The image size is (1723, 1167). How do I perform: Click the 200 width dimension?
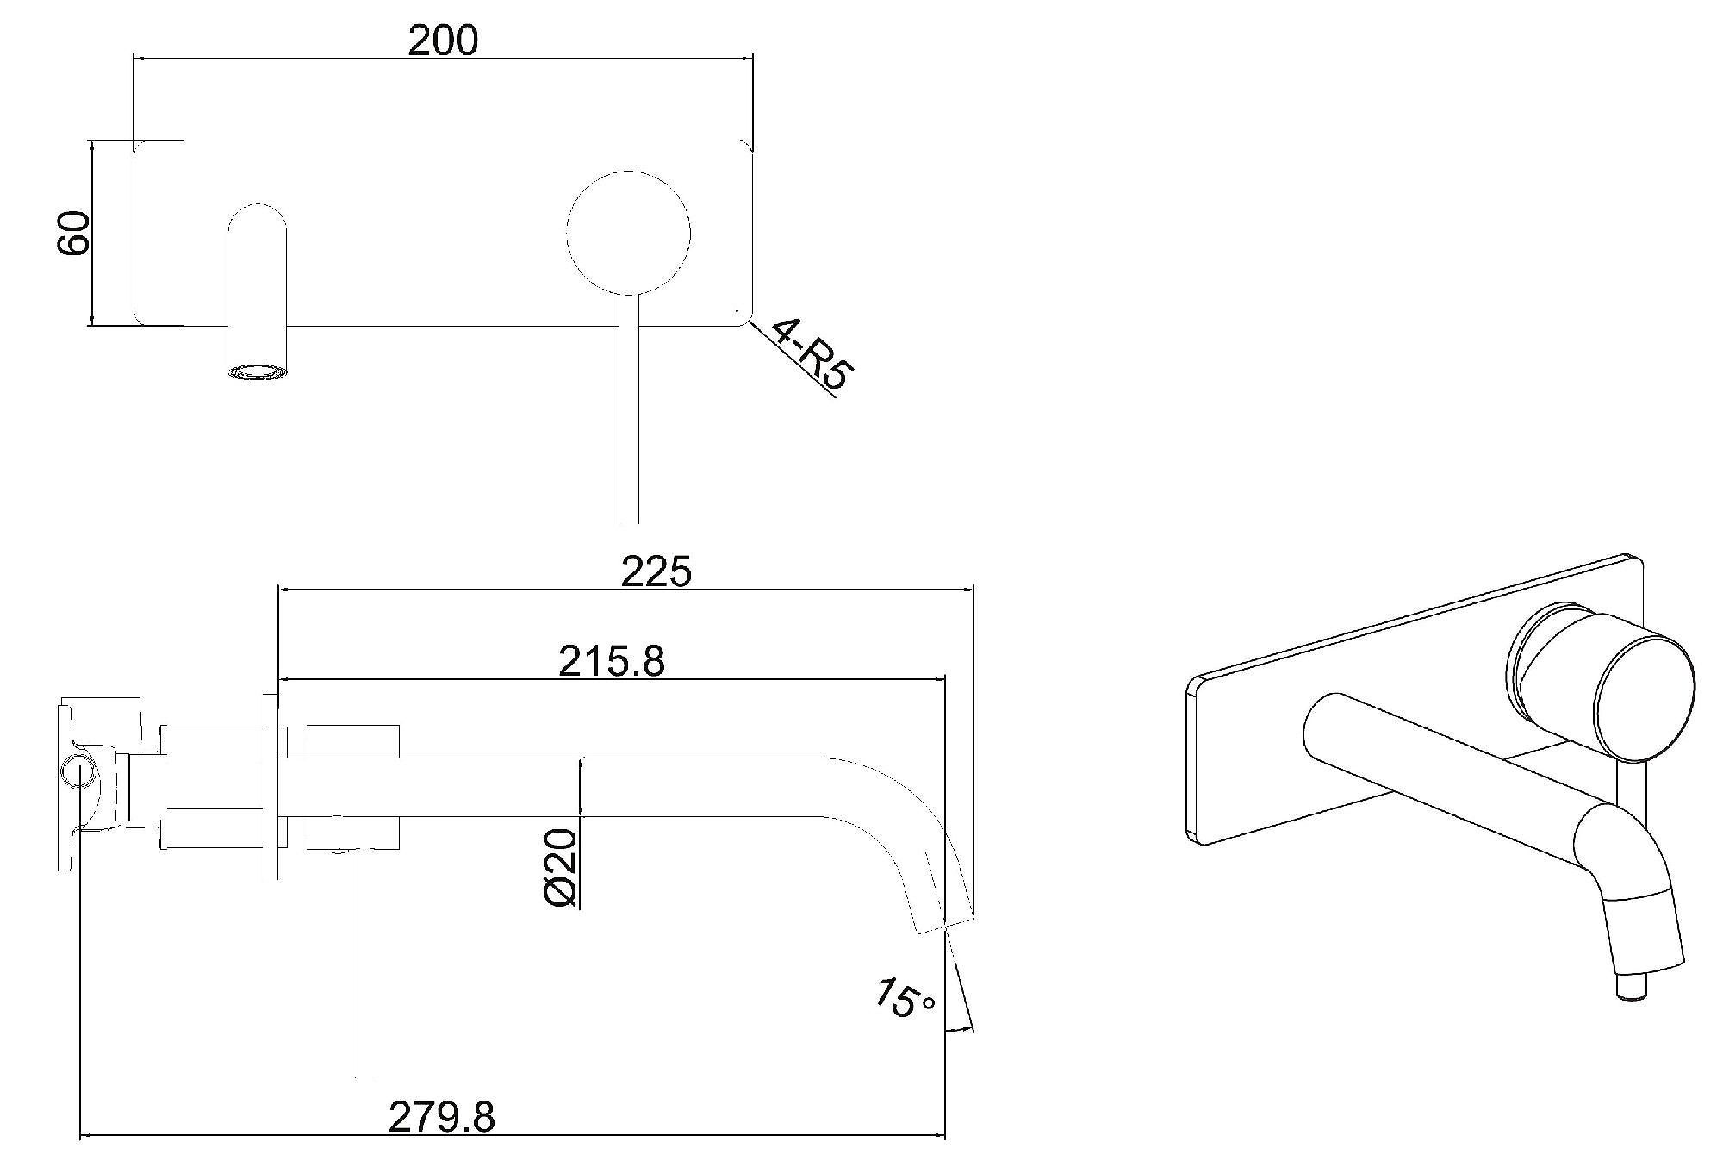pyautogui.click(x=443, y=40)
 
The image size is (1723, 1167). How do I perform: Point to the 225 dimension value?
pyautogui.click(x=656, y=571)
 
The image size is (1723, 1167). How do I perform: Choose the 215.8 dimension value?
pyautogui.click(x=612, y=661)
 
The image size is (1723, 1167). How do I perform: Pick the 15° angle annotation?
pyautogui.click(x=905, y=998)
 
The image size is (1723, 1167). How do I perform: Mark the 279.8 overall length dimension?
pyautogui.click(x=442, y=1117)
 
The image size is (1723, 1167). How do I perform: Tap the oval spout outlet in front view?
pyautogui.click(x=257, y=372)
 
